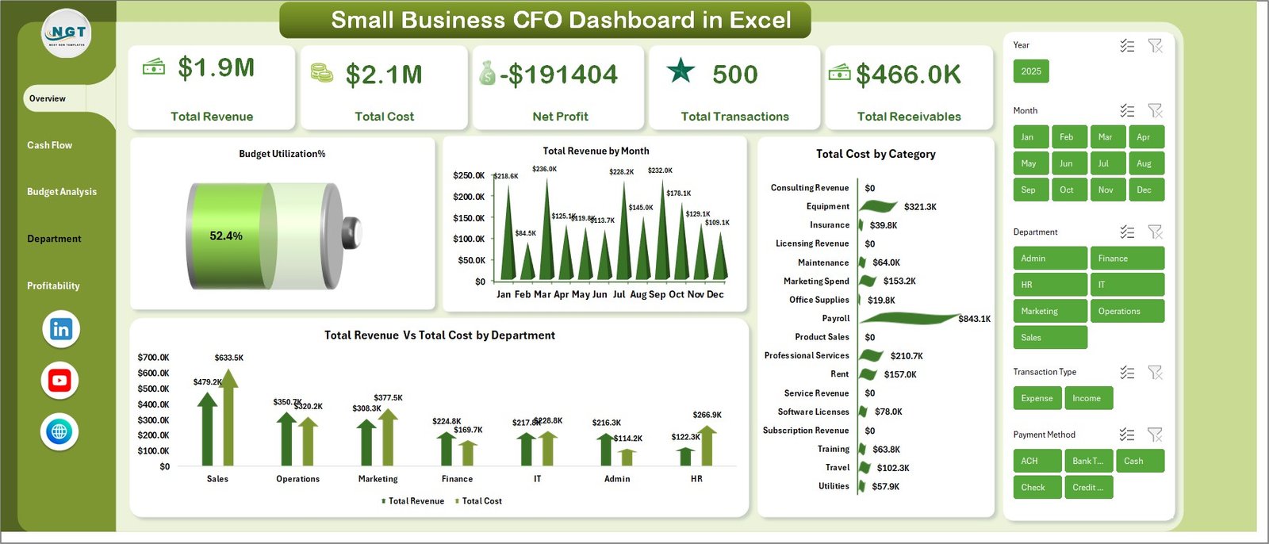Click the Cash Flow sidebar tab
[x=49, y=145]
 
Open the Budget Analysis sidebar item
[x=62, y=192]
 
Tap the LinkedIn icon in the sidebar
[x=61, y=329]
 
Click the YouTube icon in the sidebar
[x=59, y=381]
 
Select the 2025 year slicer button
[x=1031, y=71]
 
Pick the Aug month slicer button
[x=1144, y=163]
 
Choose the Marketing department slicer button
[x=1049, y=311]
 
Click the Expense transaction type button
[x=1037, y=398]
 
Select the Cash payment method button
[x=1139, y=461]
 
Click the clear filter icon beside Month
[x=1155, y=110]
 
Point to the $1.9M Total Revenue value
[x=216, y=68]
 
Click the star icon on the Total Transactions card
[x=681, y=71]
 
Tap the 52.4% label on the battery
[x=226, y=236]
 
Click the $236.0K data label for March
[x=544, y=169]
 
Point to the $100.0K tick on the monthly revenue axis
[x=469, y=239]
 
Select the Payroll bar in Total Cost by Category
[x=908, y=319]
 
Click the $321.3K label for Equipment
[x=920, y=207]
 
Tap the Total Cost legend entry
[x=481, y=501]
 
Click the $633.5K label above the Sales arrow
[x=228, y=358]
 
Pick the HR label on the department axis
[x=696, y=479]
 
